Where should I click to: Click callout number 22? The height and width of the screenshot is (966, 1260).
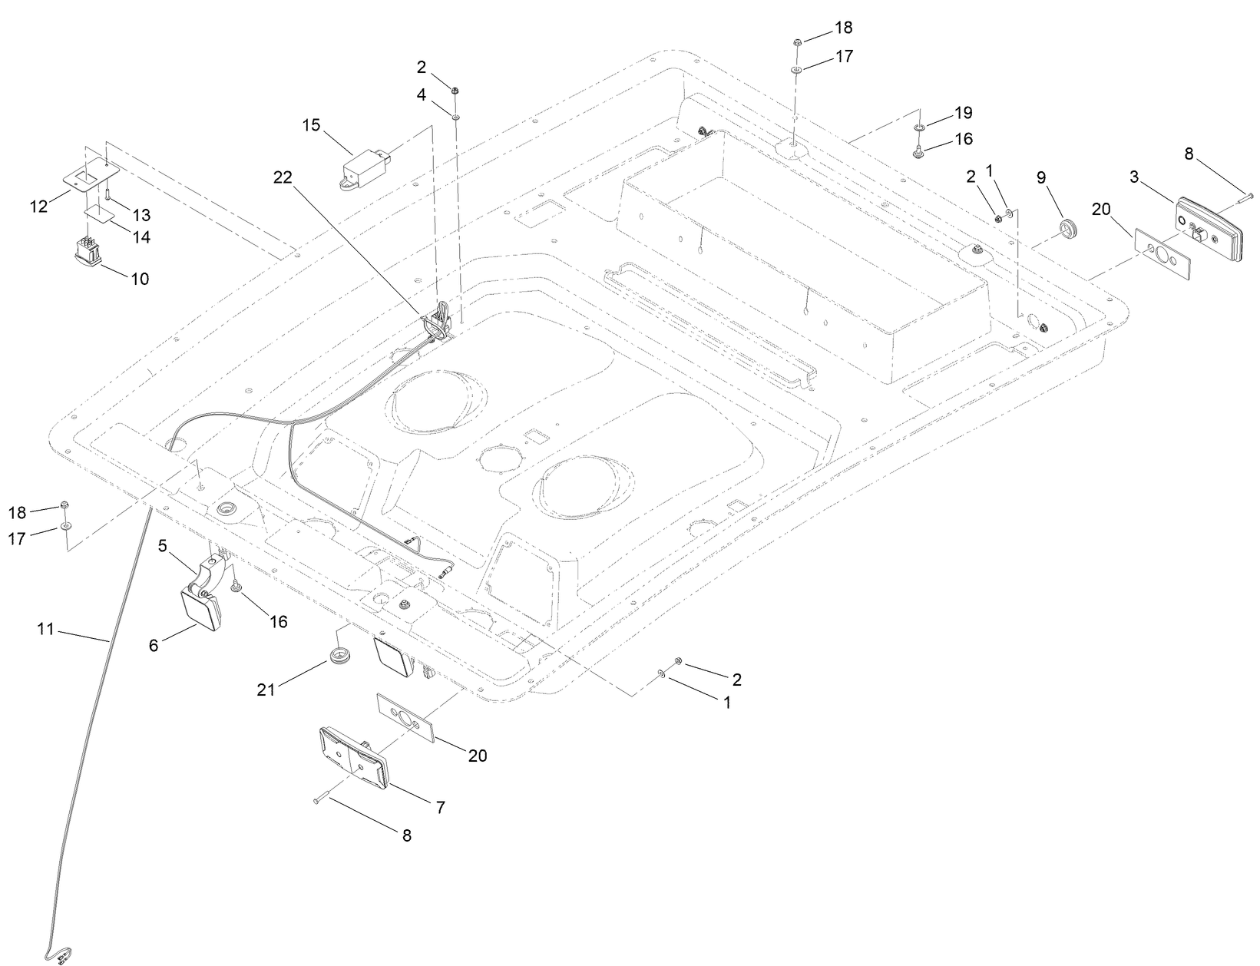click(x=283, y=177)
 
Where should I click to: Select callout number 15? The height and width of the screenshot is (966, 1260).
click(x=311, y=125)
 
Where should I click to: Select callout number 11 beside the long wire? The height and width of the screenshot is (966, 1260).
click(x=45, y=629)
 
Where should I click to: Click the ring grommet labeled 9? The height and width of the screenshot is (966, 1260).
click(x=1063, y=227)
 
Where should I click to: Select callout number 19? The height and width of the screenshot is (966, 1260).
click(x=963, y=113)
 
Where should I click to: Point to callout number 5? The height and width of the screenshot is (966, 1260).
click(x=163, y=546)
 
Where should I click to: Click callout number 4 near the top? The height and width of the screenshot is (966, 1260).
click(x=422, y=95)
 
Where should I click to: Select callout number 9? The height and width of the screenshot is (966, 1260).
click(x=1041, y=177)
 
